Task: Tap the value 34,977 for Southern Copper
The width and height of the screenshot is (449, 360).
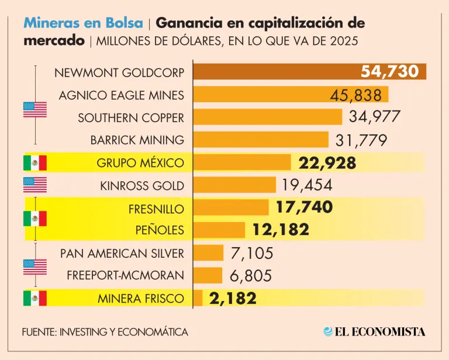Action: coord(375,116)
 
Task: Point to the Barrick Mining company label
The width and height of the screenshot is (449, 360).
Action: coord(137,140)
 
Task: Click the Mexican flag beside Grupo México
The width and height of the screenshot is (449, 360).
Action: coord(34,162)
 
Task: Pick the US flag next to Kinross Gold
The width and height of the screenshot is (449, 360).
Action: coord(34,185)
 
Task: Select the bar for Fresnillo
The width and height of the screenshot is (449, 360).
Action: coord(230,207)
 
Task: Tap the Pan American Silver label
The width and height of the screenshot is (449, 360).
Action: coord(122,253)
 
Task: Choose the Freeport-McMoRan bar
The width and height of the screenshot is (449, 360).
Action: coord(208,275)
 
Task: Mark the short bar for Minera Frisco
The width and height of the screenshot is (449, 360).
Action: coord(198,298)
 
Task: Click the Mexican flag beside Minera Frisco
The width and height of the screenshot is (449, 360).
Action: coord(34,298)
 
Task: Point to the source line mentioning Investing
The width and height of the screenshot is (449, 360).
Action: coord(105,331)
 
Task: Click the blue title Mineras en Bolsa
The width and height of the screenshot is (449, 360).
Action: coord(83,23)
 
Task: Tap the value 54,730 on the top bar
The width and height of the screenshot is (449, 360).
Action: coord(389,72)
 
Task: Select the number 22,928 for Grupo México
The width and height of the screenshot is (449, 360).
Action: coord(327,163)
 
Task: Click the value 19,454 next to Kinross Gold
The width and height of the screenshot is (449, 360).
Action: coord(306,185)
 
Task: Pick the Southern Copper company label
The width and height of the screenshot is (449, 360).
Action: coord(131,117)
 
